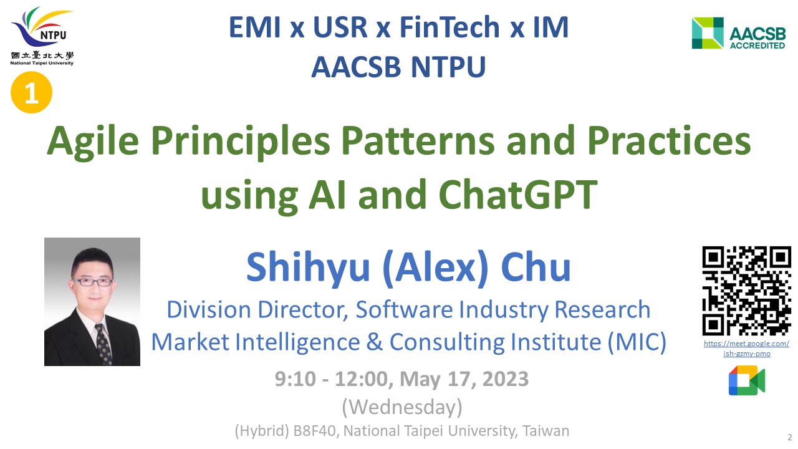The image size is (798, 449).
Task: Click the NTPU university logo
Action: pos(42,36)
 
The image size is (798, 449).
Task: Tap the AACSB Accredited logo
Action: pos(739,33)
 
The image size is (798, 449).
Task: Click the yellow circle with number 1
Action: pos(31,92)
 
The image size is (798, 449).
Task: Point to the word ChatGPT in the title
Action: pos(517,195)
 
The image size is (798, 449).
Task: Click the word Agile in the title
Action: pos(93,142)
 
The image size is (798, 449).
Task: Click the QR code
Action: pos(746,291)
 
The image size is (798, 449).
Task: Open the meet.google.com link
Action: pos(746,349)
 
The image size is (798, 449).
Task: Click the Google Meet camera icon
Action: pos(747,380)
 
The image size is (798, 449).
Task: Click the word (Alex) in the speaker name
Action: pos(435,268)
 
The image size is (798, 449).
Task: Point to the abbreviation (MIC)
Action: pos(637,342)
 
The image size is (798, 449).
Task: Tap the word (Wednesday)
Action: pos(402,407)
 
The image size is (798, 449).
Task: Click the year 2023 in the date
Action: pos(506,379)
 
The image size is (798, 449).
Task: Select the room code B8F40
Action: pos(314,431)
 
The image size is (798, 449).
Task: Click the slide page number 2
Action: pos(790,437)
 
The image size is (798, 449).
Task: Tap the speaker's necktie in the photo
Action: pos(103,344)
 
